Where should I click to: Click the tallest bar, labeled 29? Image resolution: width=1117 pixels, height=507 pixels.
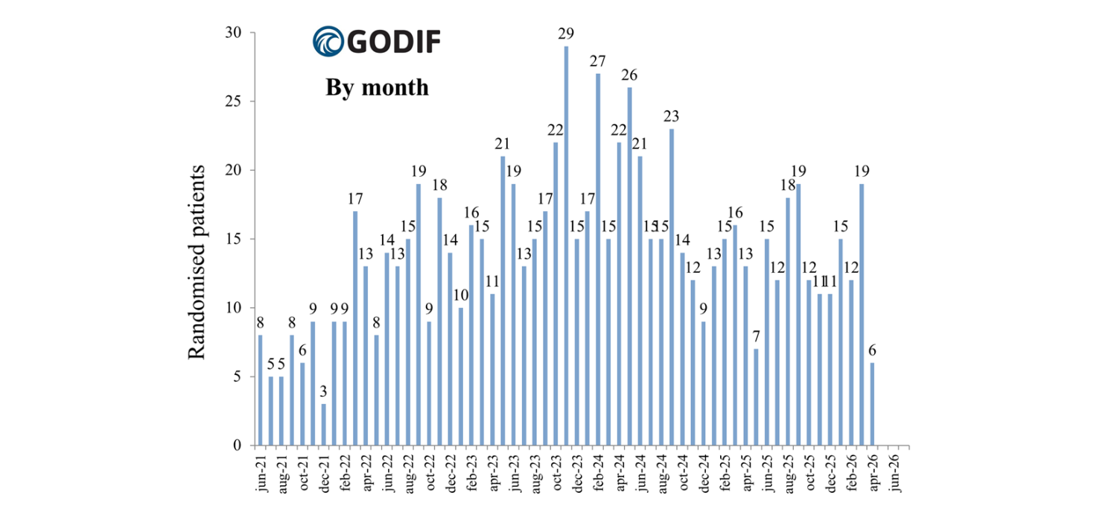coord(566,246)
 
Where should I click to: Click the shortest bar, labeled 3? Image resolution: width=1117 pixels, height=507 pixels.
coord(323,424)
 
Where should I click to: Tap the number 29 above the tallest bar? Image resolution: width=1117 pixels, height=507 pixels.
coord(566,34)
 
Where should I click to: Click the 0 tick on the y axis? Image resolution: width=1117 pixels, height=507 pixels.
coord(238,446)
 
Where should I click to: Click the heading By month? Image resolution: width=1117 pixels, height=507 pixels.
coord(377,87)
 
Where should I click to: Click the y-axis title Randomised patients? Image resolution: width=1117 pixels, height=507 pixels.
coord(197,262)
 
